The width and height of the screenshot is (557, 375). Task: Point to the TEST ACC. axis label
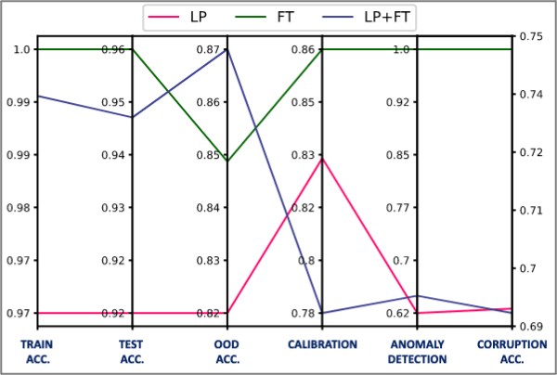[132, 352]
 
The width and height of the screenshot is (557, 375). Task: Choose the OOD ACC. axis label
[227, 352]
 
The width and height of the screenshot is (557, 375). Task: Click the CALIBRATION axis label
[322, 344]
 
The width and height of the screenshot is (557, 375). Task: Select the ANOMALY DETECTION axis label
[417, 352]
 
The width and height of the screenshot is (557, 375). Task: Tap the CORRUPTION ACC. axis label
[512, 352]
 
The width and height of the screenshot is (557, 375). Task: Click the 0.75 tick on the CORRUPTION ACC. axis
[531, 36]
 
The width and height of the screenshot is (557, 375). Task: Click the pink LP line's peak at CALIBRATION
[322, 158]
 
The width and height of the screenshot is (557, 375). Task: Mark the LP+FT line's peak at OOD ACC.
[227, 49]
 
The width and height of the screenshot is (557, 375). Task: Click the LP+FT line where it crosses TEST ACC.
[132, 117]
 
